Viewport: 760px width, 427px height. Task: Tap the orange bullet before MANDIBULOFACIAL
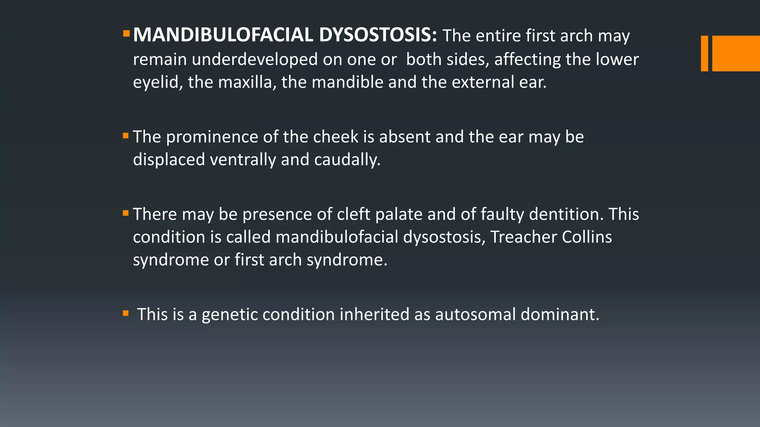click(x=126, y=34)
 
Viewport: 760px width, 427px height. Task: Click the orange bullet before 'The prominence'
click(x=126, y=136)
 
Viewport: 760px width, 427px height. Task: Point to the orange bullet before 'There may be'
click(x=126, y=213)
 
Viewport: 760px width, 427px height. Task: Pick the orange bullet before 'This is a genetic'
click(x=126, y=314)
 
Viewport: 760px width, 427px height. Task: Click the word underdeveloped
click(x=255, y=59)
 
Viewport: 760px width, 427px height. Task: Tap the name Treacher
click(x=523, y=237)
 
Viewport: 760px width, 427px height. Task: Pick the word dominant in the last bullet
click(x=560, y=314)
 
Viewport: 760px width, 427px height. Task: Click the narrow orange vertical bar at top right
click(x=704, y=53)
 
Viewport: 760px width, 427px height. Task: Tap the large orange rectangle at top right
click(x=736, y=53)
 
